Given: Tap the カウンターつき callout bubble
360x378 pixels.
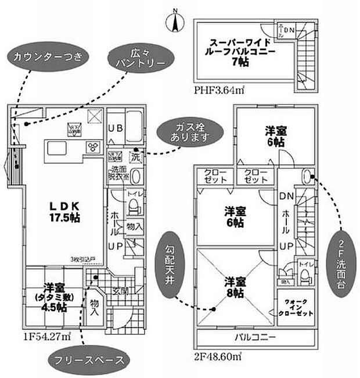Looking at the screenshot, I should (48, 57).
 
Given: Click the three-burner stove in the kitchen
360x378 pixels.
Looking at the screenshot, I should (92, 147).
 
